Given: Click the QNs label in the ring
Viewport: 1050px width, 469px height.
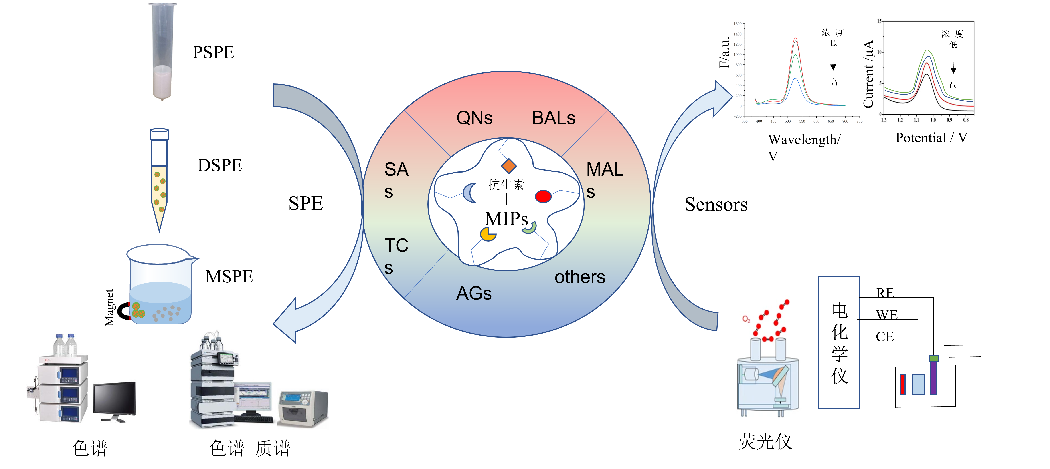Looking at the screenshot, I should (x=474, y=118).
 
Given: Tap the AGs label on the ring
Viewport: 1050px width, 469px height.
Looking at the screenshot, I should (x=474, y=293).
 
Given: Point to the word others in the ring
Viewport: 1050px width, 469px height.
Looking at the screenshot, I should (x=580, y=277).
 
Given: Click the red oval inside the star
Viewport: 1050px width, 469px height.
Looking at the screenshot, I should (x=543, y=196).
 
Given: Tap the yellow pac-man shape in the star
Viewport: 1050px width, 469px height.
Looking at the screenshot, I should (x=488, y=234).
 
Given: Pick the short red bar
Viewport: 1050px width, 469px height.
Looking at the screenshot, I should (x=903, y=384).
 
